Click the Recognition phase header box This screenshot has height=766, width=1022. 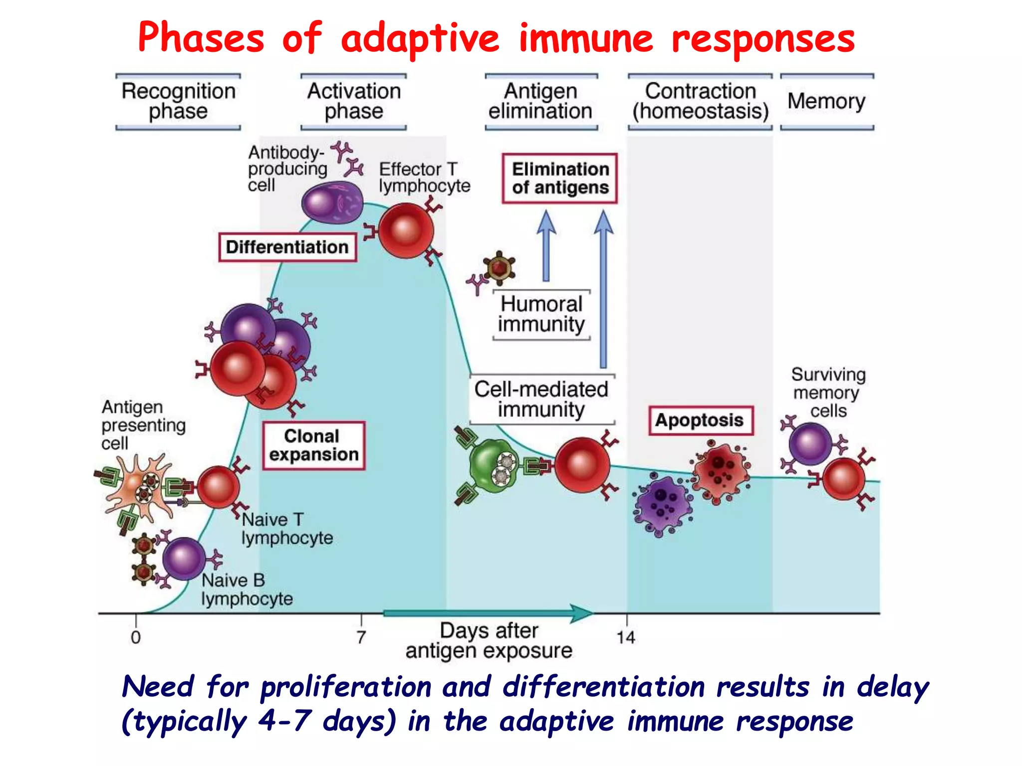178,101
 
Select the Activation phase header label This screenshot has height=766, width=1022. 354,101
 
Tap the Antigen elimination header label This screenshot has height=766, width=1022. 541,101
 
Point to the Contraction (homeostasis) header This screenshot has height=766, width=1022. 700,101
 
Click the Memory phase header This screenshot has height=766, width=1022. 826,101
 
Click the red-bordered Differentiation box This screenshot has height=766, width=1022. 287,247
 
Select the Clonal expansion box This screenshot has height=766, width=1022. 314,445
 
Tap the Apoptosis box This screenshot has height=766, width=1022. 700,420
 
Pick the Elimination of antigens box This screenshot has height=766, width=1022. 560,179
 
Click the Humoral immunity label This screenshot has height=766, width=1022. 541,314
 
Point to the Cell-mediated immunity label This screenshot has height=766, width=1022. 541,399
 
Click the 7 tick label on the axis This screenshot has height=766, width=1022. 361,637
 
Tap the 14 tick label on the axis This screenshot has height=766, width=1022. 626,637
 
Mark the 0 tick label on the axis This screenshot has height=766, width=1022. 136,637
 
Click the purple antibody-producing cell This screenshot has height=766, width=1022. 332,202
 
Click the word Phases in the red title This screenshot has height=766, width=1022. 201,38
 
